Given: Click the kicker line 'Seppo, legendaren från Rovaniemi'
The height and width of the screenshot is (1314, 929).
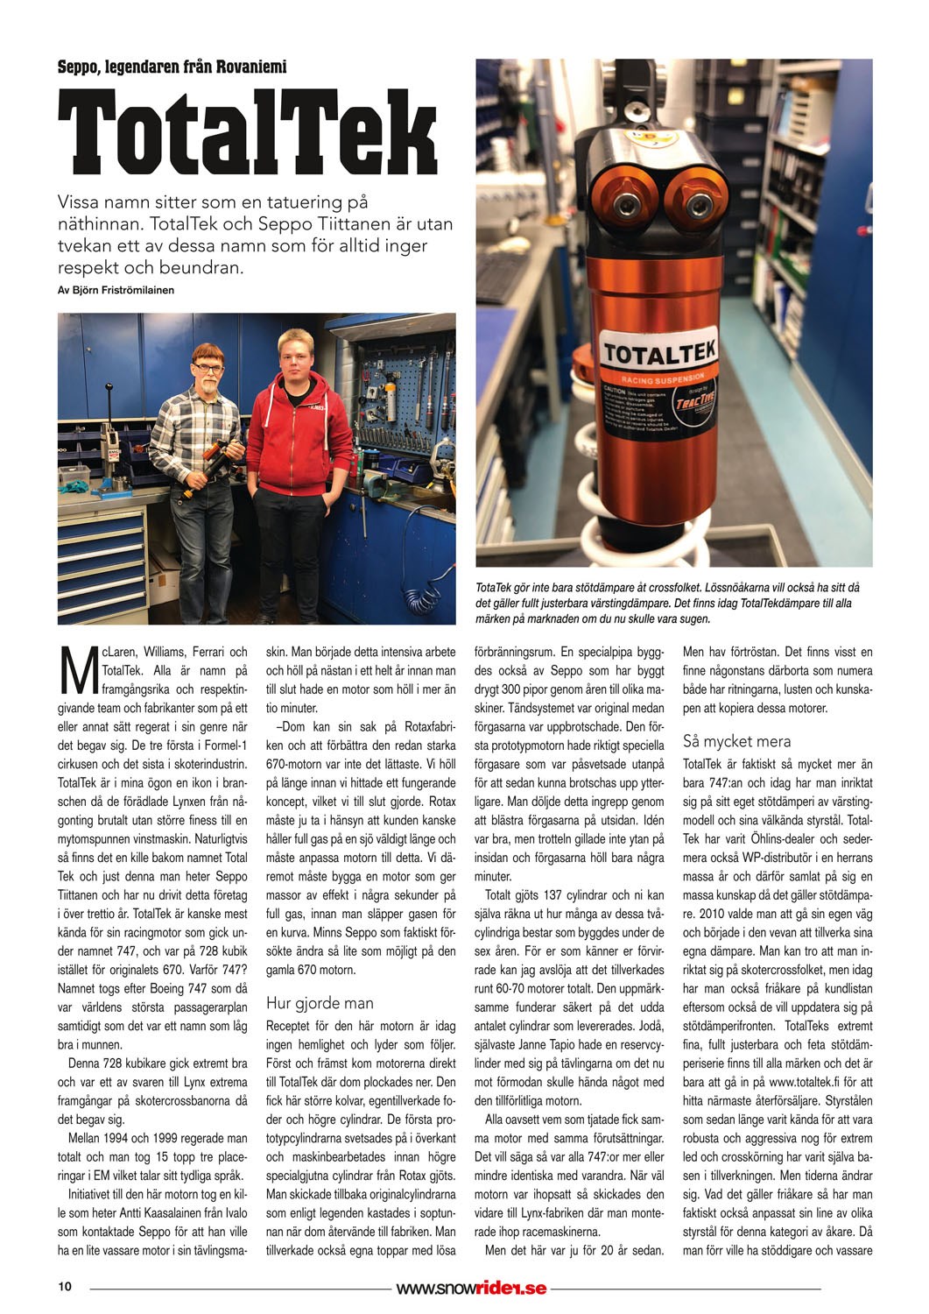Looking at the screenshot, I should click(x=172, y=67).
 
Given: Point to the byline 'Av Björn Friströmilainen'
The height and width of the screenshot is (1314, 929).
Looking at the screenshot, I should click(x=116, y=290).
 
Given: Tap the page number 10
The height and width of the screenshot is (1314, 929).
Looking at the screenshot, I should click(x=65, y=1287).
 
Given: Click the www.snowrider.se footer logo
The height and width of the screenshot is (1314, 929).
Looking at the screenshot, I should click(x=471, y=1288).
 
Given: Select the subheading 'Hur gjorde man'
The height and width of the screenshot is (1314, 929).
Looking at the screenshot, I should click(x=320, y=1003).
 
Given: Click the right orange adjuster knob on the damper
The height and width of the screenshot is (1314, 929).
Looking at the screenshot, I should click(x=697, y=205).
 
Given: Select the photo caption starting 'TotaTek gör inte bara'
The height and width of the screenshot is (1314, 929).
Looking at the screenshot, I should click(x=668, y=603).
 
